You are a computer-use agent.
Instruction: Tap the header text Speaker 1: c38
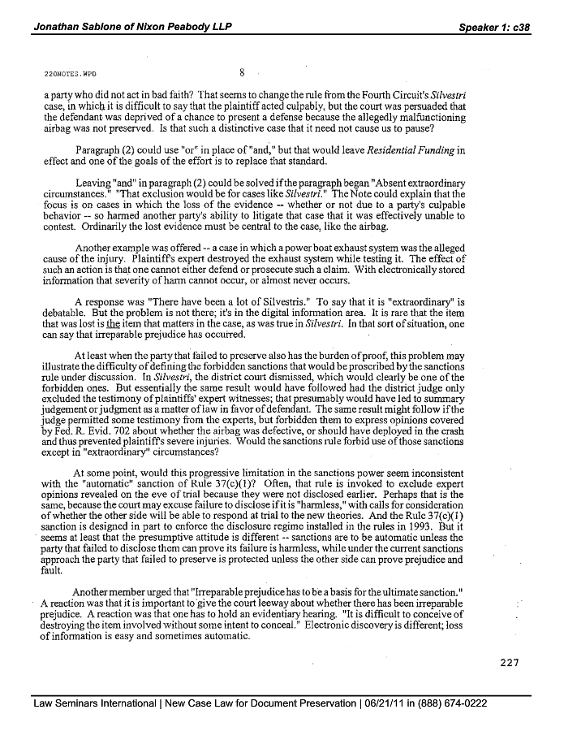494,27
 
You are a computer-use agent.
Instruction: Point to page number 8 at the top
242,71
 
